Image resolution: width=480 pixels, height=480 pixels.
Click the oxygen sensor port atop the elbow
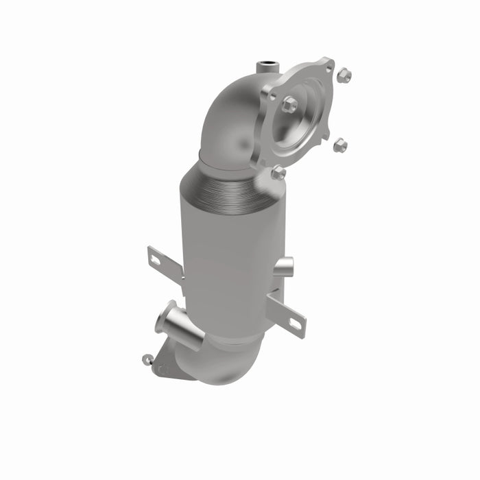pyautogui.click(x=265, y=67)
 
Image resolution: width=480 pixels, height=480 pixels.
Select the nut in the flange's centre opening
pyautogui.click(x=289, y=105)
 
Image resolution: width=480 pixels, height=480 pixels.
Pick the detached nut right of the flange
pyautogui.click(x=339, y=145)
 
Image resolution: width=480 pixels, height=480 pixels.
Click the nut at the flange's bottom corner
pyautogui.click(x=278, y=173)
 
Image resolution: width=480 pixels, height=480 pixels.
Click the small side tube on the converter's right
pyautogui.click(x=284, y=265)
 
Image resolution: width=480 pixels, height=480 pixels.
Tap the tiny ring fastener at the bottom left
pyautogui.click(x=146, y=359)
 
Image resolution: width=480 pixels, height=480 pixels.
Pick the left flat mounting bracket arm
pyautogui.click(x=165, y=264)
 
